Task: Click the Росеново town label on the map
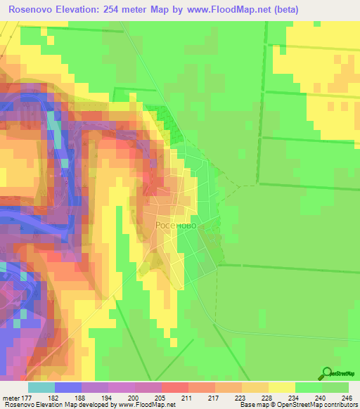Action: coord(180,226)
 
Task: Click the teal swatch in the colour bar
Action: coord(41,387)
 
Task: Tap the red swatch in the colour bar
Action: coord(175,387)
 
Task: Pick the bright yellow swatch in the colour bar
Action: coord(282,387)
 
